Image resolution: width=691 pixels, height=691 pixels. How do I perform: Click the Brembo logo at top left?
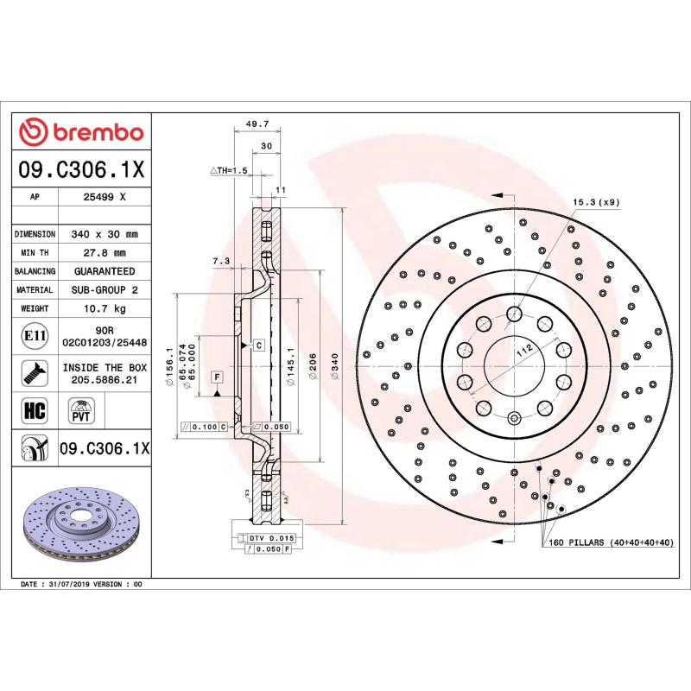[x=82, y=132]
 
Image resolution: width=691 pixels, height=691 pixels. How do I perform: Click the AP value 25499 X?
[x=105, y=197]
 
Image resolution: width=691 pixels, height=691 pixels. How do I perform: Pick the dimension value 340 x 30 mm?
[x=105, y=234]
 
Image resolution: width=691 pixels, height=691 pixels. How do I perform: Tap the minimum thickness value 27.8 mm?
[x=105, y=253]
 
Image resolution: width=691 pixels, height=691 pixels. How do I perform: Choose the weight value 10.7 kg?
[x=105, y=308]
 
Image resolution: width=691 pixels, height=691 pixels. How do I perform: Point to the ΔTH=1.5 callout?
[x=229, y=171]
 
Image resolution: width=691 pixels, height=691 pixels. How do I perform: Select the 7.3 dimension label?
[x=220, y=260]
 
